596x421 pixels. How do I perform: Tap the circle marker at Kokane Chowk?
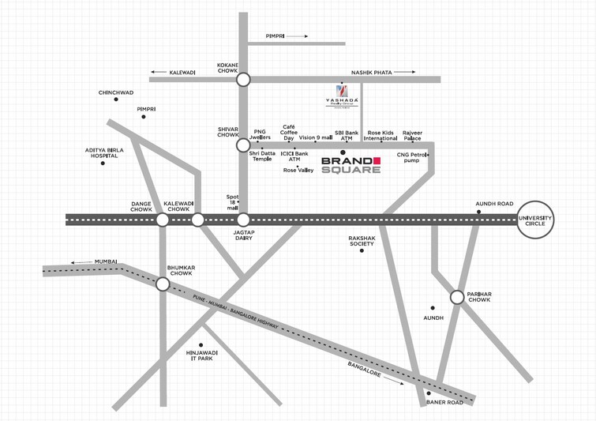[x=243, y=79]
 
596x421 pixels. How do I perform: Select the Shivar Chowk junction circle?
[x=243, y=145]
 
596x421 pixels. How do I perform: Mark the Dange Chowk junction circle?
[x=162, y=220]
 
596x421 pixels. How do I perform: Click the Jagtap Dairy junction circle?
[x=243, y=220]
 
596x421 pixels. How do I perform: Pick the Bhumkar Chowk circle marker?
[x=162, y=284]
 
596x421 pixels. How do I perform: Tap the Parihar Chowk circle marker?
[x=456, y=297]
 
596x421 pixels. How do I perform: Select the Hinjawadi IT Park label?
[x=201, y=355]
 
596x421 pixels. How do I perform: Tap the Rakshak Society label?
[x=362, y=240]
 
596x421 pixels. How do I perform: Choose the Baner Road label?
[x=445, y=403]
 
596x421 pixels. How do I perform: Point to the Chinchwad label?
[x=116, y=92]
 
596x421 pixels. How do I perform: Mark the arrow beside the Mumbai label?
[x=80, y=261]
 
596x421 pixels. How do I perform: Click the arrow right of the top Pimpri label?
[x=298, y=36]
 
